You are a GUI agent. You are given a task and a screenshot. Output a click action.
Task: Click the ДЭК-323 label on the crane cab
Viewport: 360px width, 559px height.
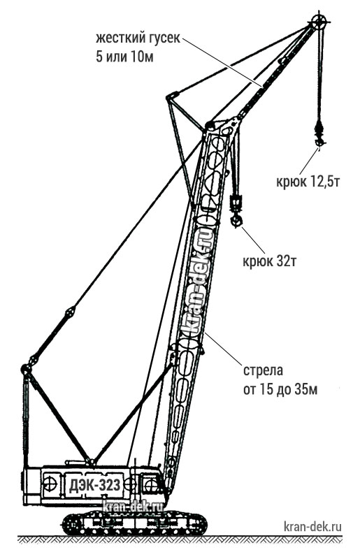pyautogui.click(x=95, y=485)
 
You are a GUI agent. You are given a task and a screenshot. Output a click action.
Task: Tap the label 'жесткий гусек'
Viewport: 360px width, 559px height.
pyautogui.click(x=138, y=38)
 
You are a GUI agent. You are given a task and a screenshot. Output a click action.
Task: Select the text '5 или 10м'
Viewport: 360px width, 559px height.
pyautogui.click(x=124, y=57)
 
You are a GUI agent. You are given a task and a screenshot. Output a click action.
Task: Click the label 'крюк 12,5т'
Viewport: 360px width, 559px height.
pyautogui.click(x=307, y=182)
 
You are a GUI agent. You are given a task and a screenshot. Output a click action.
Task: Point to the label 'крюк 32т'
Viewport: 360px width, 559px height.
pyautogui.click(x=269, y=261)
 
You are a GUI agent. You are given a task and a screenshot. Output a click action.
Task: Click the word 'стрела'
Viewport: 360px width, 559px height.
pyautogui.click(x=263, y=370)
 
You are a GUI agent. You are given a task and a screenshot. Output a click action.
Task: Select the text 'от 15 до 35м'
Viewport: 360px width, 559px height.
pyautogui.click(x=280, y=390)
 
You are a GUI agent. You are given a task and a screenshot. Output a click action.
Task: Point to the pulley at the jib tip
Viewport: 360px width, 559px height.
pyautogui.click(x=319, y=22)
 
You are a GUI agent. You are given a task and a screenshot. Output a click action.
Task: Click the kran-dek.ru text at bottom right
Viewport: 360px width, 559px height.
pyautogui.click(x=312, y=526)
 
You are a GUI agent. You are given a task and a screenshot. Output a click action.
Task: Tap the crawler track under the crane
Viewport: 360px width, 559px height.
pyautogui.click(x=134, y=523)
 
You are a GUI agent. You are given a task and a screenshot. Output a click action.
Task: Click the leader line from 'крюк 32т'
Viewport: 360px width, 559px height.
pyautogui.click(x=254, y=240)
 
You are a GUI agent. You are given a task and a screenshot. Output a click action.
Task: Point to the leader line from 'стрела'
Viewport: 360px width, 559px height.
pyautogui.click(x=222, y=348)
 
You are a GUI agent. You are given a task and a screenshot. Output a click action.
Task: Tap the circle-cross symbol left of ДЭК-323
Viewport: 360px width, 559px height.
pyautogui.click(x=50, y=484)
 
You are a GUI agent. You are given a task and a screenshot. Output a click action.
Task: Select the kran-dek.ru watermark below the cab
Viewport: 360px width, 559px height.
pyautogui.click(x=133, y=506)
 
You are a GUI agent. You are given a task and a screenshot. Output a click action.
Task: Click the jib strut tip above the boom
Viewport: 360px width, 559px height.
pyautogui.click(x=172, y=96)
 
